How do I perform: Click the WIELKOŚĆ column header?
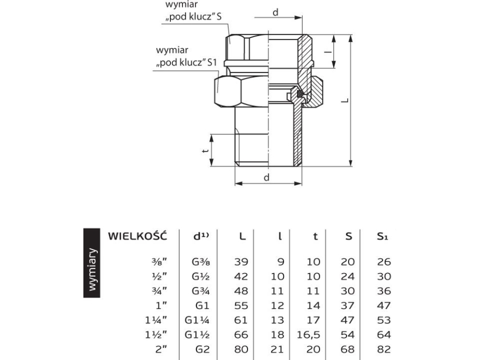click(x=138, y=236)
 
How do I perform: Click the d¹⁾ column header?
click(x=201, y=236)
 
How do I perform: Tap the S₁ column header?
click(x=384, y=237)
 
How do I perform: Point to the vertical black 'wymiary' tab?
click(x=93, y=269)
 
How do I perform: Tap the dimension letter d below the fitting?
click(x=267, y=178)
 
